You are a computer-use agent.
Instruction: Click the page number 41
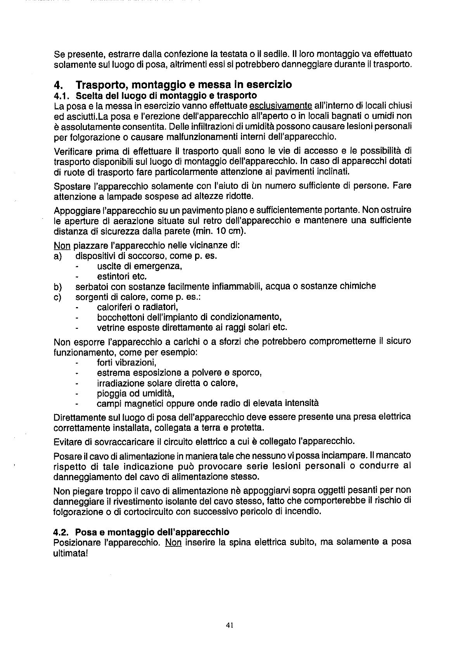(x=229, y=625)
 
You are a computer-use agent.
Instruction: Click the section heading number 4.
(x=58, y=85)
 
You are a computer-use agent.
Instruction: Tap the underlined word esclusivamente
(x=281, y=106)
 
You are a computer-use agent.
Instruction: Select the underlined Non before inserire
(x=173, y=542)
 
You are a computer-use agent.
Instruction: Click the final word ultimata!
(x=68, y=552)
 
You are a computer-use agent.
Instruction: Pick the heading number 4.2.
(x=62, y=532)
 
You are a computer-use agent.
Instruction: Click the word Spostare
(x=70, y=186)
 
